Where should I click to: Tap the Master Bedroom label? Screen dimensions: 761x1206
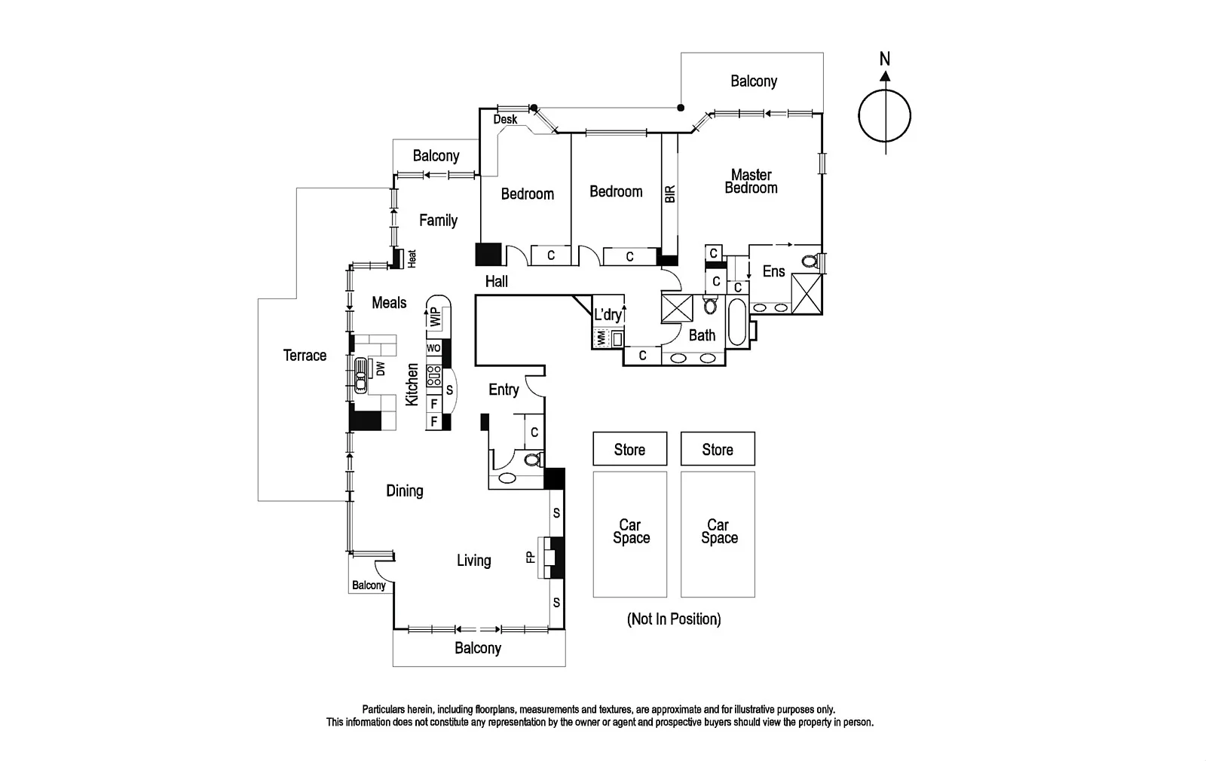(751, 182)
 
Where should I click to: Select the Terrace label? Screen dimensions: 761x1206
(305, 355)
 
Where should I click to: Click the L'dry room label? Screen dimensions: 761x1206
(608, 315)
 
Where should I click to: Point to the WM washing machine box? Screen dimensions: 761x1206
(601, 338)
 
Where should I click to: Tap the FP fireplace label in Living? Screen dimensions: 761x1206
(531, 557)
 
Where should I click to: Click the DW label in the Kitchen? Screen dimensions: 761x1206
(381, 368)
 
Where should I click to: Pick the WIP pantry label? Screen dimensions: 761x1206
(435, 316)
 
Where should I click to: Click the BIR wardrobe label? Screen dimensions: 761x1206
(670, 194)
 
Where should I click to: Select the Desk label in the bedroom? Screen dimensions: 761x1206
(505, 119)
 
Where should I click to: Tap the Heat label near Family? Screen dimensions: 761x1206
(412, 258)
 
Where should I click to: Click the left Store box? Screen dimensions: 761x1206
(629, 449)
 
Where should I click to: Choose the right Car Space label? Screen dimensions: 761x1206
(718, 531)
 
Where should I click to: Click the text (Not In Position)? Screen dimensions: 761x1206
(674, 619)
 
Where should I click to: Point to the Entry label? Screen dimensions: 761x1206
(504, 389)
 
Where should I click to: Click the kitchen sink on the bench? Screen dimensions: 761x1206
(361, 374)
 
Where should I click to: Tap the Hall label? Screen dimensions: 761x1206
(496, 281)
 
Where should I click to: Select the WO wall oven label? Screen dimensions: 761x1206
(433, 348)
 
